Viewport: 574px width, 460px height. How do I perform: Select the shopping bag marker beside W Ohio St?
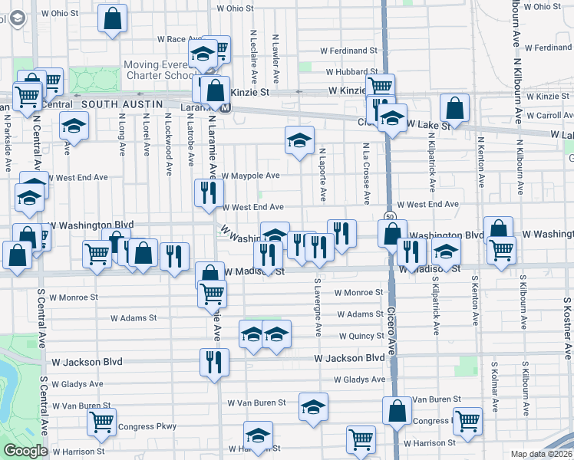113,21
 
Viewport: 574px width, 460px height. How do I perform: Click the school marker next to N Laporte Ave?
299,140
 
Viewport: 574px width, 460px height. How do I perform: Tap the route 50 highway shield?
390,217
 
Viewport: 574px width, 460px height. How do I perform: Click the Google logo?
25,451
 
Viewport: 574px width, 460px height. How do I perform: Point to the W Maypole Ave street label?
250,176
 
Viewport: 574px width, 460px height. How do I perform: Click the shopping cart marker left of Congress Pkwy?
101,423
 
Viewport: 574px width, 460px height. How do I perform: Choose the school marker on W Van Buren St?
313,407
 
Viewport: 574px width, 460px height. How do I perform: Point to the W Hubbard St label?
351,73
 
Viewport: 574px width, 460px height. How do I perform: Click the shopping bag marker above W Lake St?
454,109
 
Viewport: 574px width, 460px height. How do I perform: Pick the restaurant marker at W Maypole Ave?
207,193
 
